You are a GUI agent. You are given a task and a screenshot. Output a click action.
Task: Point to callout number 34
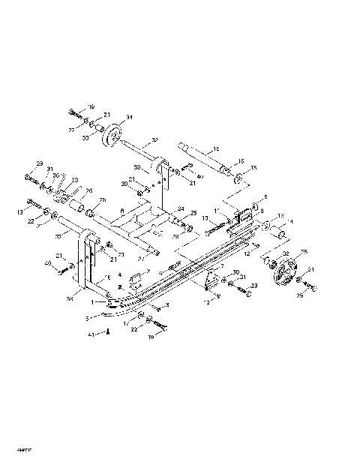129,118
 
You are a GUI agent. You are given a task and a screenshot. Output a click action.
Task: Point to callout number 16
241,160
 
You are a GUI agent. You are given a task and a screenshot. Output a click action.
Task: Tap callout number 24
180,208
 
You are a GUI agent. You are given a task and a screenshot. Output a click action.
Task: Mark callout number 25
193,213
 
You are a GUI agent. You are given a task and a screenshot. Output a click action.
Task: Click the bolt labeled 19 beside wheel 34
73,112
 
